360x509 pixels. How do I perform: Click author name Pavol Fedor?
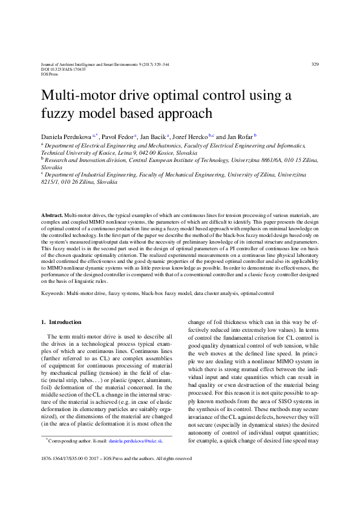coord(117,137)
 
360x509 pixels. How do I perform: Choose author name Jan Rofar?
coord(240,137)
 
